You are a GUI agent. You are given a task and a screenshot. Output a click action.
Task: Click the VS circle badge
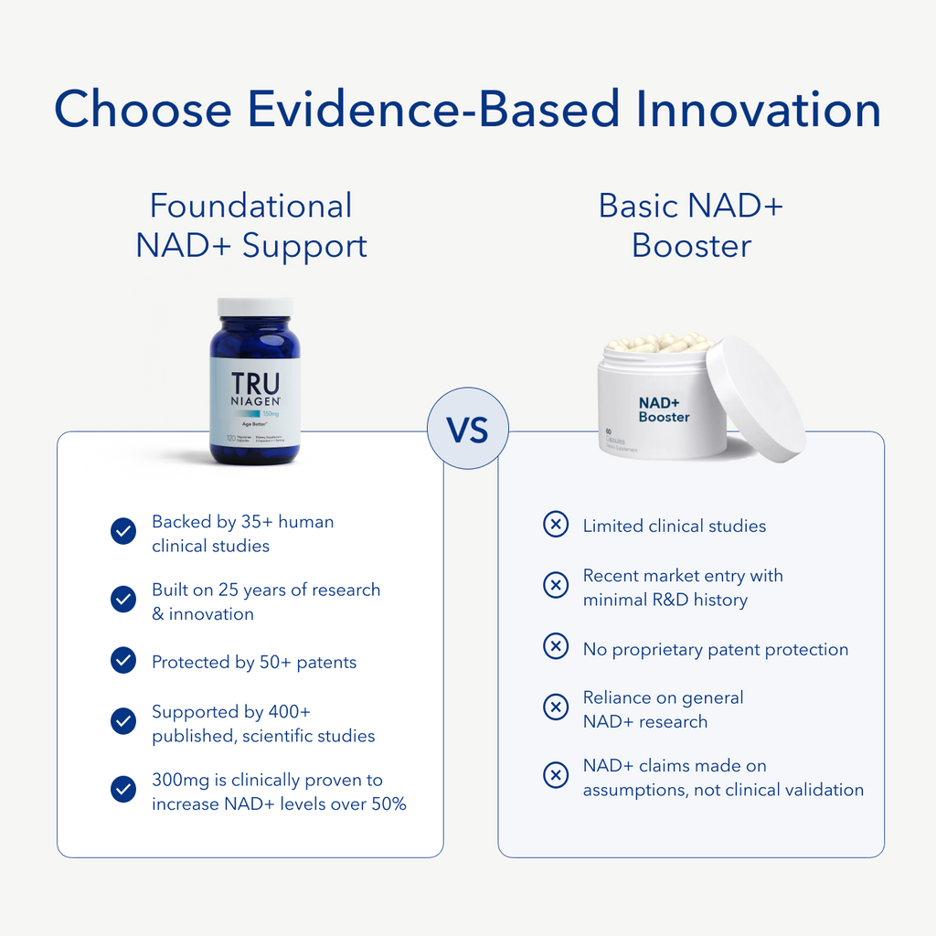click(x=467, y=429)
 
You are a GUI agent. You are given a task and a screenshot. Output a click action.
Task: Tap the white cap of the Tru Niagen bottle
click(x=255, y=307)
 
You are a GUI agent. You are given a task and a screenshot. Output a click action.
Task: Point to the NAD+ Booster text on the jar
click(x=664, y=409)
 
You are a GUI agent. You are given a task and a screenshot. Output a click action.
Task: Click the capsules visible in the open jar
click(x=660, y=343)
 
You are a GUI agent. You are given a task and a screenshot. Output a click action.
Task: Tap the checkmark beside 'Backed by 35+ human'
click(x=123, y=532)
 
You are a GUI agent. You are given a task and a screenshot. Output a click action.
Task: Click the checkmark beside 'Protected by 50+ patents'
click(x=123, y=660)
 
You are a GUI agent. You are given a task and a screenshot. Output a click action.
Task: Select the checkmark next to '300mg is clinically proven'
click(x=123, y=790)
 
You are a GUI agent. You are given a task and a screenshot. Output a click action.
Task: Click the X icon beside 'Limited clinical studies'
click(x=556, y=525)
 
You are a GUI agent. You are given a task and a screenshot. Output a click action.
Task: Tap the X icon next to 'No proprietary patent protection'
click(x=556, y=647)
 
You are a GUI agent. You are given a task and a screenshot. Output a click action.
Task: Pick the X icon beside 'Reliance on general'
click(x=556, y=707)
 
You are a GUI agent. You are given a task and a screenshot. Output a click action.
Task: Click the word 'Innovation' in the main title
click(x=759, y=110)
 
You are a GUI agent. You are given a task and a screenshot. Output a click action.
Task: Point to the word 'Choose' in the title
click(x=143, y=110)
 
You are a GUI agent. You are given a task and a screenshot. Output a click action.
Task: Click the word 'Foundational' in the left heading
click(x=250, y=206)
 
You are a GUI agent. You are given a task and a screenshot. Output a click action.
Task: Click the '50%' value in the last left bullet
click(x=387, y=804)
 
